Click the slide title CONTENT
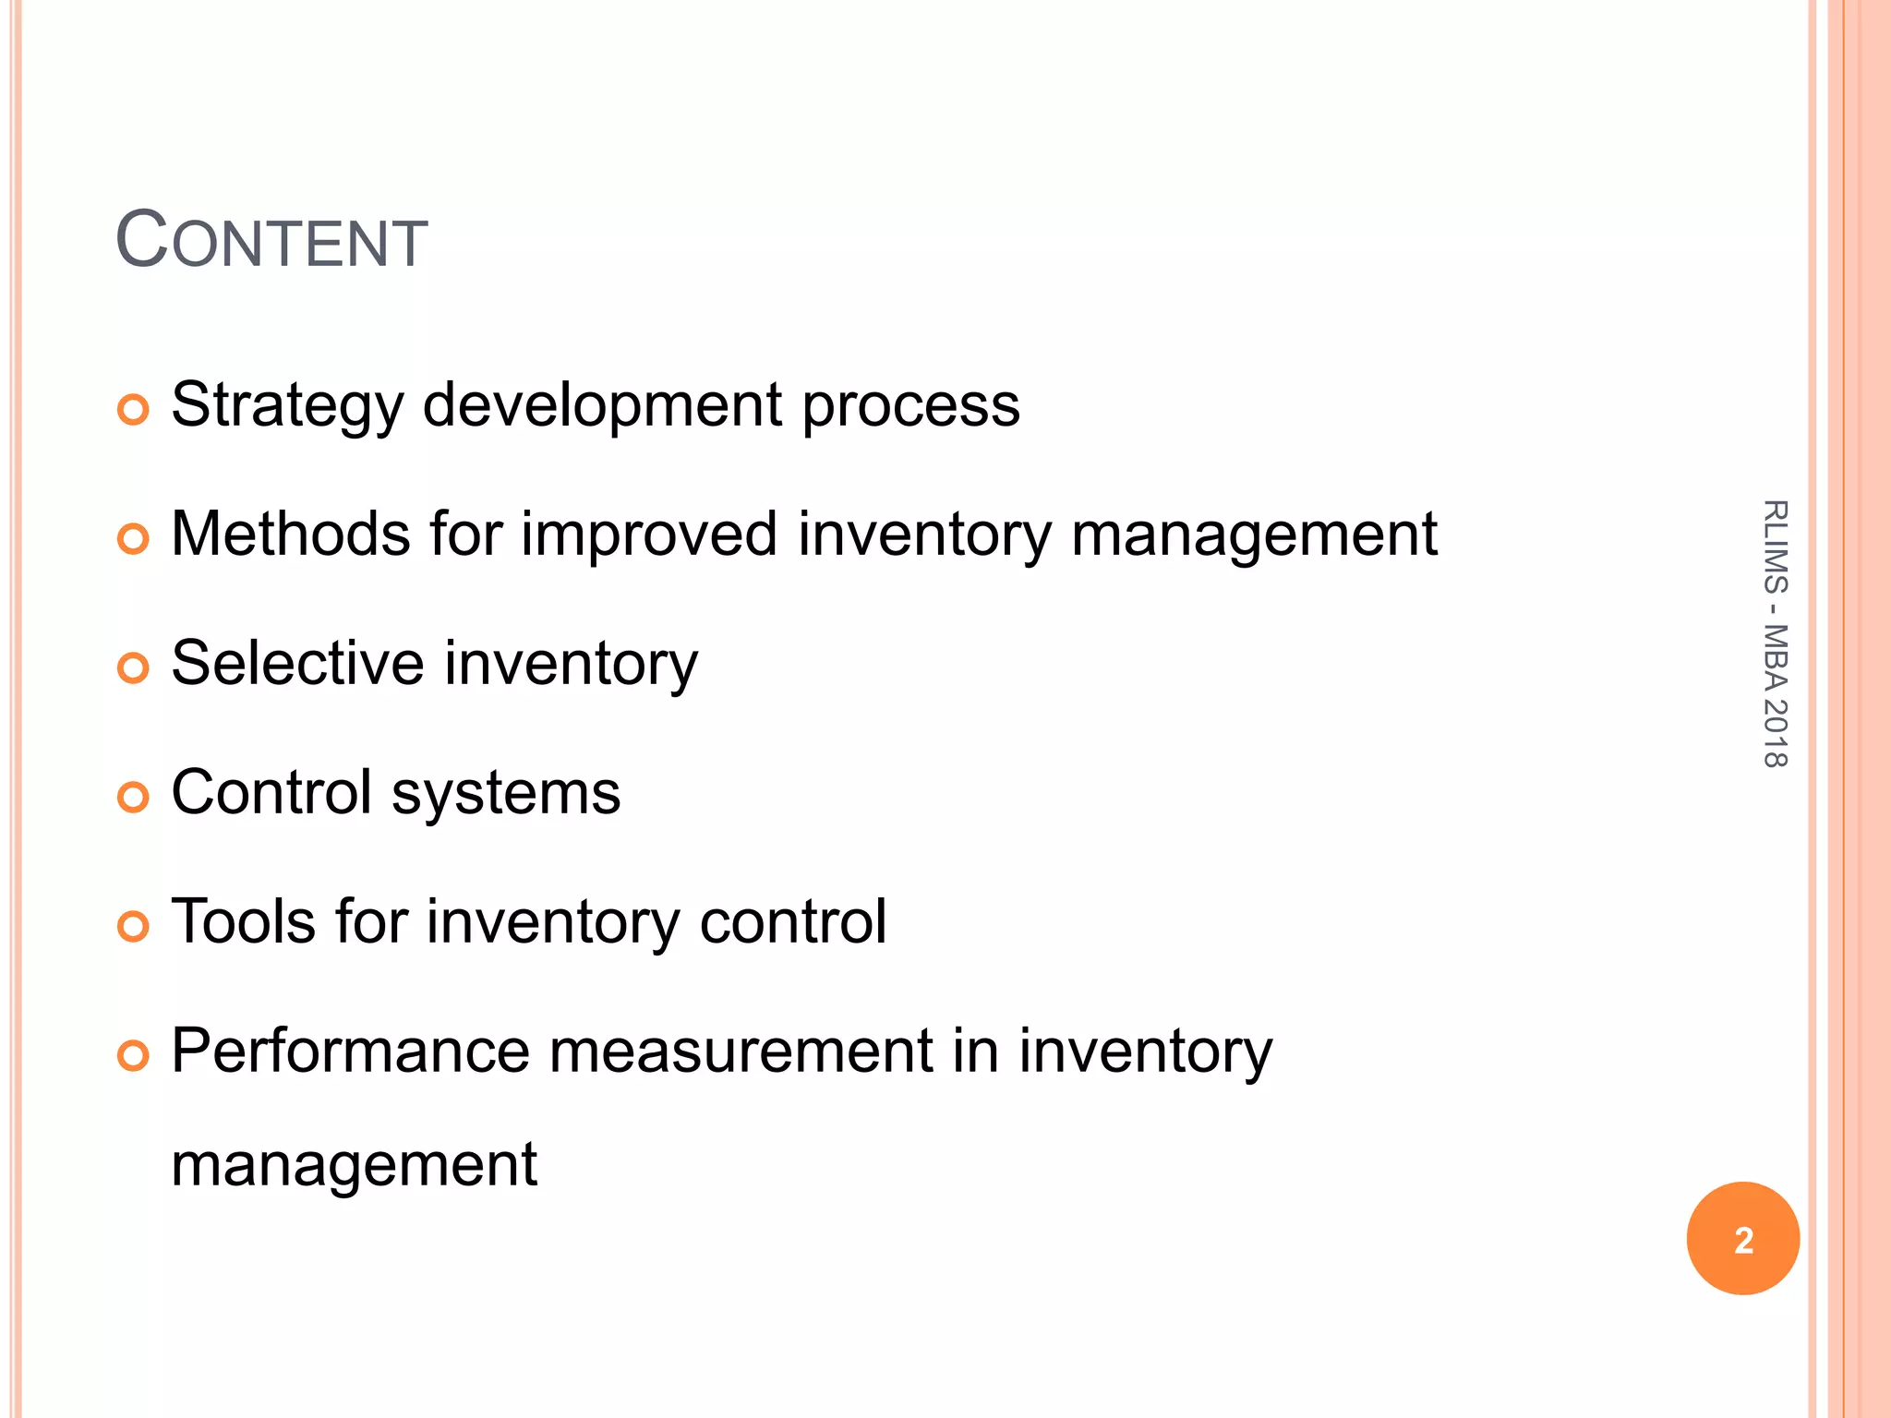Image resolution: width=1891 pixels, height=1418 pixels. click(271, 241)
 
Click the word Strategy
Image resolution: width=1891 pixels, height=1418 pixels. click(287, 406)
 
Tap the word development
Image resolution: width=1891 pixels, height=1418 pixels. click(602, 406)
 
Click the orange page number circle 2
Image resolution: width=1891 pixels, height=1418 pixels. click(1742, 1239)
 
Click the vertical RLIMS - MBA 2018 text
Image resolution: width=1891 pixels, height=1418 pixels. click(1775, 633)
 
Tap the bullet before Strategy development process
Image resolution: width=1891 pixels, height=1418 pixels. click(134, 409)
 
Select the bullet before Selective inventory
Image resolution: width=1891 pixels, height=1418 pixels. click(134, 667)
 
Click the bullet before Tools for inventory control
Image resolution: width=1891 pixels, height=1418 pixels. click(134, 926)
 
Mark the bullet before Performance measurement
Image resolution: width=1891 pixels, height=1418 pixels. click(134, 1055)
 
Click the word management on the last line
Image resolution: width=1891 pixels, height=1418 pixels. click(354, 1165)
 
